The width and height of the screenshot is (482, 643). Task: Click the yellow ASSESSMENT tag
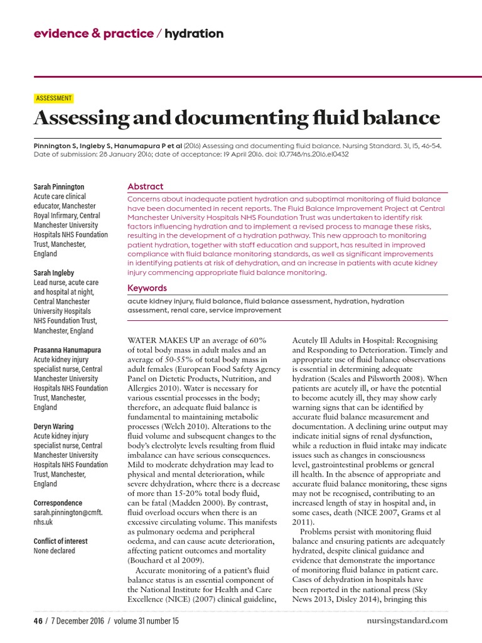tap(54, 98)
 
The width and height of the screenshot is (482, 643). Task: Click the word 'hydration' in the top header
tap(194, 33)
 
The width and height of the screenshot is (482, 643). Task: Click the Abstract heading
tap(145, 186)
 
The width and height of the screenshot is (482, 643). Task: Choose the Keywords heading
tap(147, 288)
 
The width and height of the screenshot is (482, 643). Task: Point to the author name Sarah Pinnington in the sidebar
tap(58, 186)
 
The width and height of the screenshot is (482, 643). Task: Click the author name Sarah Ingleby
tap(53, 273)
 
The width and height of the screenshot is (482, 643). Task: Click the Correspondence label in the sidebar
tap(58, 503)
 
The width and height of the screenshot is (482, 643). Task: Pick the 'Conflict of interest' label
tap(60, 541)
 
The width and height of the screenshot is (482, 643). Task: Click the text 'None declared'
tap(54, 551)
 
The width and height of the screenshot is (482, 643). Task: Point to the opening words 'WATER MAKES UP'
tap(166, 340)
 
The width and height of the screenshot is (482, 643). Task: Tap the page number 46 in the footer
tap(37, 621)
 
